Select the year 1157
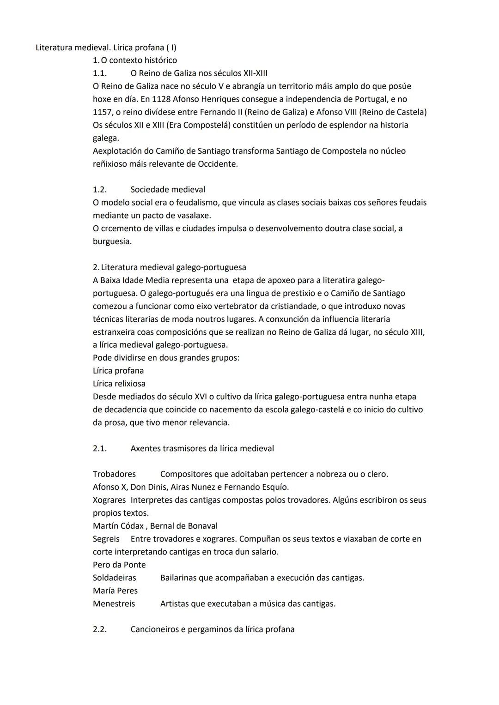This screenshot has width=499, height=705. [x=102, y=112]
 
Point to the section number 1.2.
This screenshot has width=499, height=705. [x=99, y=190]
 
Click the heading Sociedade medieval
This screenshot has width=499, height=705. [x=168, y=190]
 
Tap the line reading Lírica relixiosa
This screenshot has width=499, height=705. [x=119, y=384]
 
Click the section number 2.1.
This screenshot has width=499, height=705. [x=99, y=448]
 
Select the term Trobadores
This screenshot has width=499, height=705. [x=114, y=474]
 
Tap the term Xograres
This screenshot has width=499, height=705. [x=109, y=500]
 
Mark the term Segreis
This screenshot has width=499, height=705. [x=106, y=539]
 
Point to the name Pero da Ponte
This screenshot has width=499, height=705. [x=119, y=565]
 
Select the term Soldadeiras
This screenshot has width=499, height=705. [x=114, y=578]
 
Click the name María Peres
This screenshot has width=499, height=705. [x=115, y=591]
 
